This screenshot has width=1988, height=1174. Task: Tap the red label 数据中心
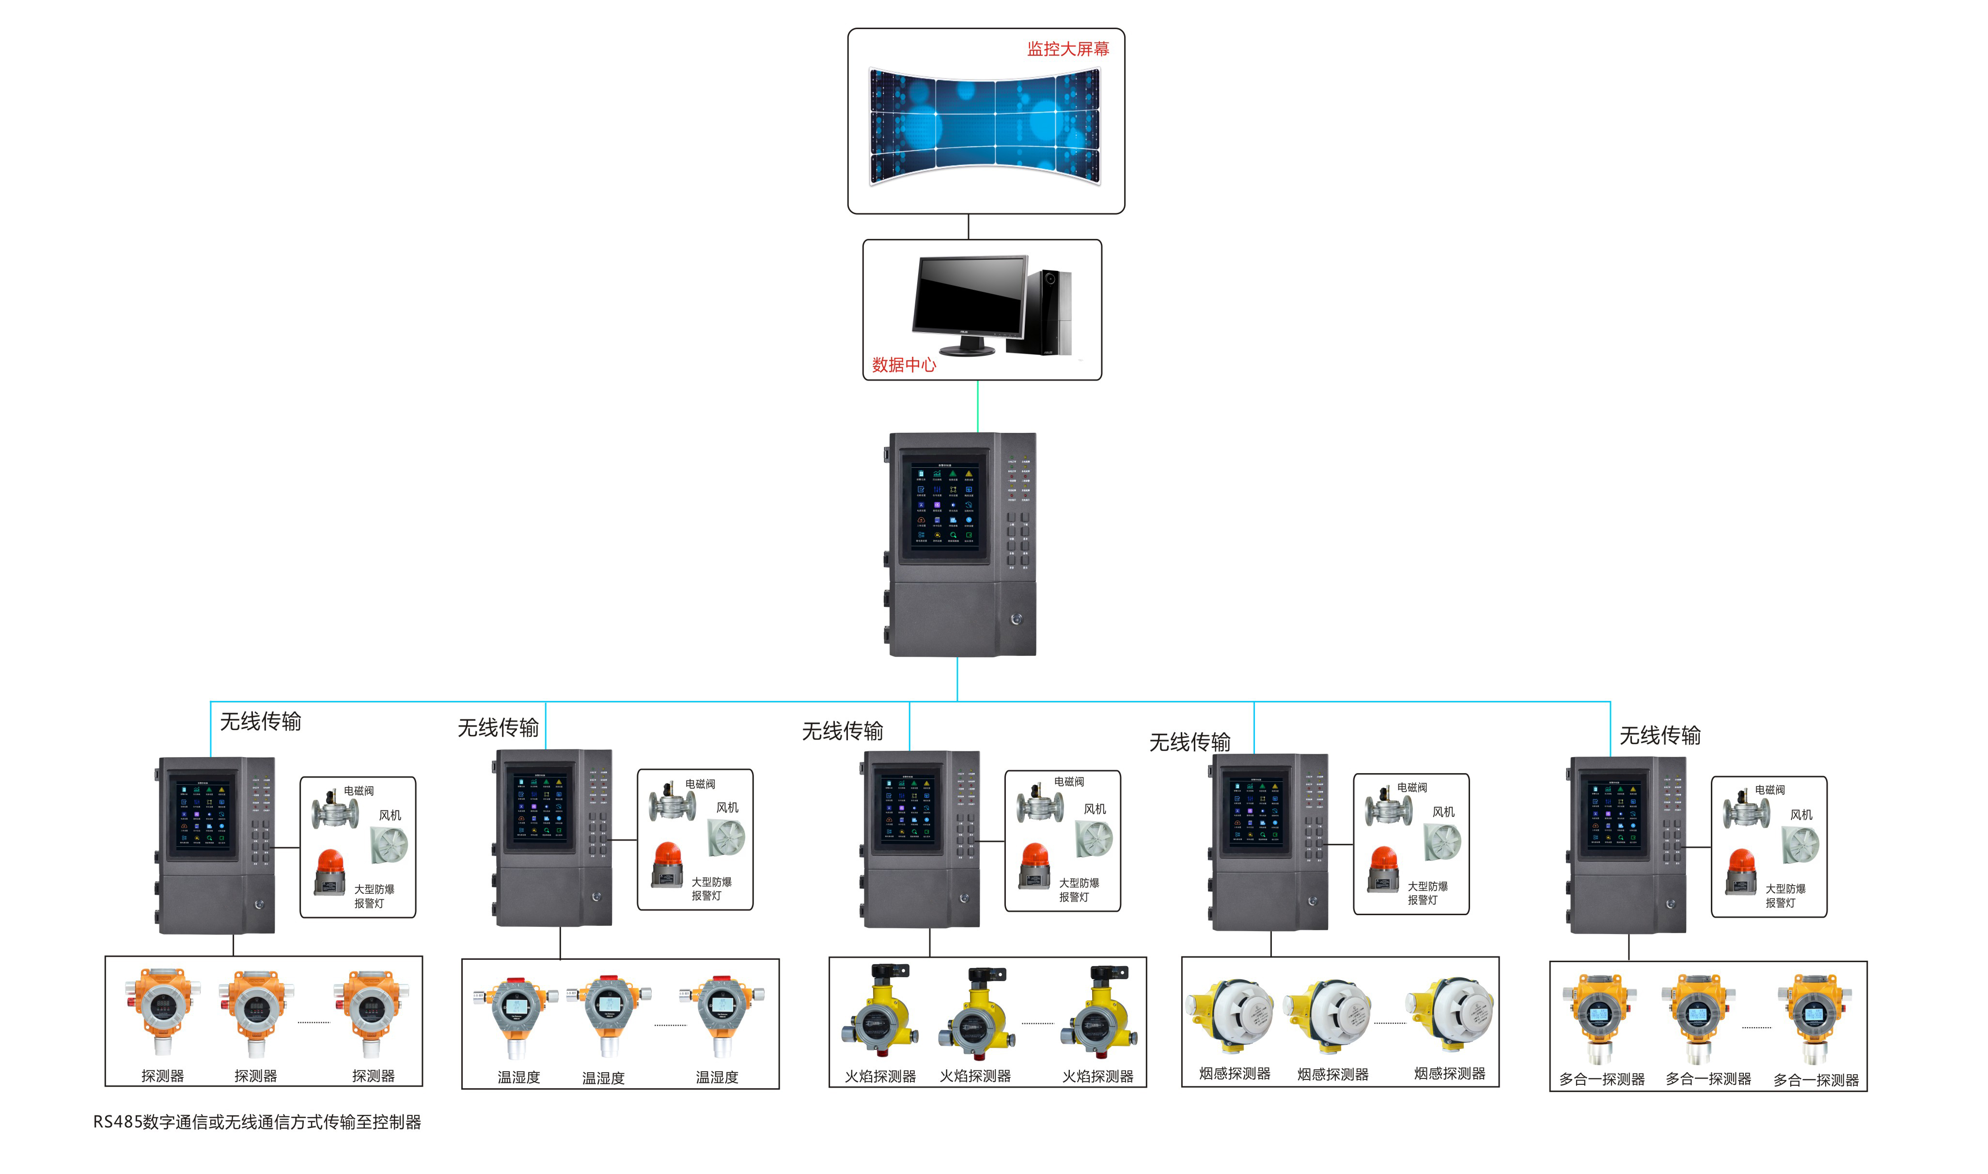903,365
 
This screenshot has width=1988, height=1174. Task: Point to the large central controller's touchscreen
944,505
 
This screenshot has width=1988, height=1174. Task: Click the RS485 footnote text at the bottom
257,1122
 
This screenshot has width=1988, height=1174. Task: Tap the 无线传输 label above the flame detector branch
842,731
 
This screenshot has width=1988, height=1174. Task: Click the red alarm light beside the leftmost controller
330,872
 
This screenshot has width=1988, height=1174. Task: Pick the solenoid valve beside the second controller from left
672,801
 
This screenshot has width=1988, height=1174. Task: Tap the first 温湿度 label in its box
518,1078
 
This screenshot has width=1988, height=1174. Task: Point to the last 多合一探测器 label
1815,1080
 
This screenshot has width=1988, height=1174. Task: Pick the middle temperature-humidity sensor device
609,1013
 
